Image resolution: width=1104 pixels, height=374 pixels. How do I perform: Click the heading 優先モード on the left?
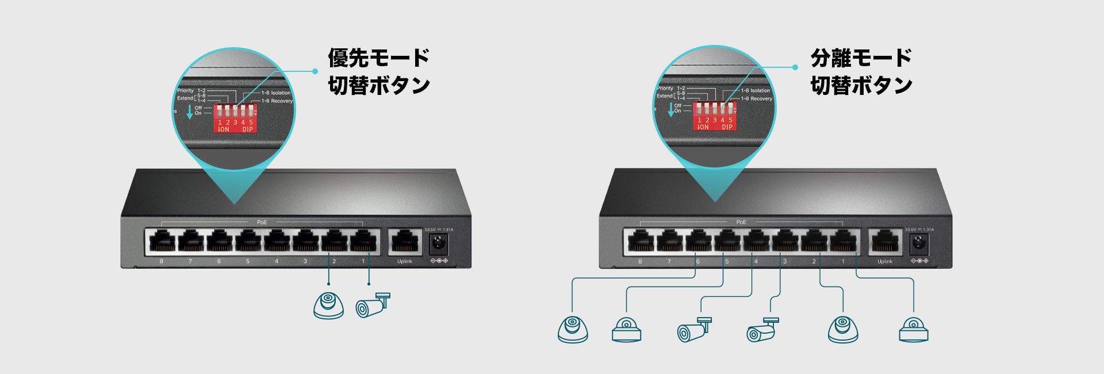[x=378, y=58]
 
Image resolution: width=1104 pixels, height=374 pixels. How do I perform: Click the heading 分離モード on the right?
[x=861, y=58]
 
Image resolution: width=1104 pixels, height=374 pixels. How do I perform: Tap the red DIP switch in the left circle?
[x=235, y=119]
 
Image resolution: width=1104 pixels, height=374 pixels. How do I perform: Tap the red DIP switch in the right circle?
[x=715, y=116]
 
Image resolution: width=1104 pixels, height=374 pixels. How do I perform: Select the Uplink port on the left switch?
[x=405, y=242]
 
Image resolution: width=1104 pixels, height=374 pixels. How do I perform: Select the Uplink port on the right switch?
[x=884, y=242]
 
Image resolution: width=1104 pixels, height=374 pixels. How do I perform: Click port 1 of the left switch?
[x=363, y=241]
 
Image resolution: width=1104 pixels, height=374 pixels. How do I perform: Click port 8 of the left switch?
[x=162, y=241]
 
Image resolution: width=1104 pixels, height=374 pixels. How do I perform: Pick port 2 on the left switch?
[x=334, y=241]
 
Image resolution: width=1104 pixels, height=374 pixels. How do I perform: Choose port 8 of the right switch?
[x=640, y=241]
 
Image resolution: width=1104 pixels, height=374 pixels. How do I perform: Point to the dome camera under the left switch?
[x=328, y=306]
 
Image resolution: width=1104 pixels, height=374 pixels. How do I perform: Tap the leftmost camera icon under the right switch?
[x=573, y=330]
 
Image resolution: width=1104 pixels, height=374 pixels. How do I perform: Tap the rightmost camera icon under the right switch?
[x=914, y=330]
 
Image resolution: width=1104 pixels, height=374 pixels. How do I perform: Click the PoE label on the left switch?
[x=262, y=222]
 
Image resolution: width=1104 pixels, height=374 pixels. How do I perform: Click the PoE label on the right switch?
[x=741, y=222]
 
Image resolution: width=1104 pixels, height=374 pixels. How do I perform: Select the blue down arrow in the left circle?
[x=190, y=112]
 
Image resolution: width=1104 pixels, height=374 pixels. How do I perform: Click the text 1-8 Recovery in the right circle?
[x=757, y=99]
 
